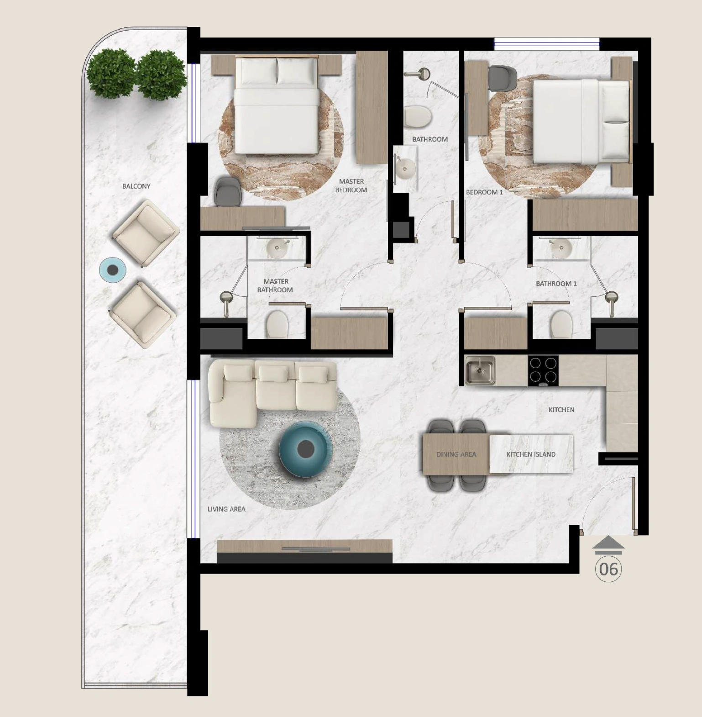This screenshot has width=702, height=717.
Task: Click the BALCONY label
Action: (x=136, y=186)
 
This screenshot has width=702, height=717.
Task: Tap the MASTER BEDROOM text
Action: (x=351, y=186)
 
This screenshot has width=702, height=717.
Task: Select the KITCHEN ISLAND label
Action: (x=531, y=454)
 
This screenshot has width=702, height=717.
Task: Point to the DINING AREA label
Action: (x=456, y=454)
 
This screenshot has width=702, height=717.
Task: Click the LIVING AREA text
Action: (x=226, y=509)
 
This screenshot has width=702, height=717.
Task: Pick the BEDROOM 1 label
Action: (x=484, y=192)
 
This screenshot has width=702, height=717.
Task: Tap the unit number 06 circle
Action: (x=608, y=569)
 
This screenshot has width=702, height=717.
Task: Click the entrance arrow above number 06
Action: (x=608, y=545)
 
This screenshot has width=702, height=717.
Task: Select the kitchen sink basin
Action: (x=480, y=370)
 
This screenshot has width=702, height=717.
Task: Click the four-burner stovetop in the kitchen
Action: (x=543, y=371)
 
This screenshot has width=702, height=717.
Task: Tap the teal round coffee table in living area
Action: (x=305, y=449)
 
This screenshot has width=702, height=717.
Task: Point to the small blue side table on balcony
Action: (x=112, y=270)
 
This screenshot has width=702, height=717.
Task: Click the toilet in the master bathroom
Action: (x=277, y=324)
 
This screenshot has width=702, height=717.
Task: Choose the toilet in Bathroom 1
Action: (x=561, y=324)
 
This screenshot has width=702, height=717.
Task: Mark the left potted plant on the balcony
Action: (x=111, y=74)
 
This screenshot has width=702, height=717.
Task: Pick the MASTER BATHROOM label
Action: (x=275, y=285)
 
